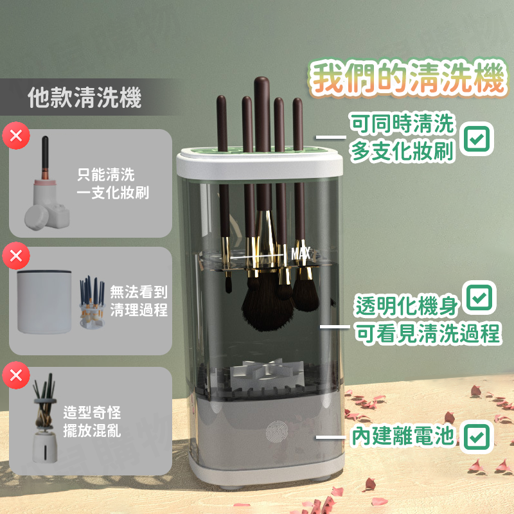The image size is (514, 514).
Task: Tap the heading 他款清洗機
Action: click(85, 98)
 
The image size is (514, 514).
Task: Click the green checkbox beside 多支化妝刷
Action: click(477, 138)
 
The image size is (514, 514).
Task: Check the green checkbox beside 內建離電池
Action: click(475, 438)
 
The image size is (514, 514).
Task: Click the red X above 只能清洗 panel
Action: click(16, 136)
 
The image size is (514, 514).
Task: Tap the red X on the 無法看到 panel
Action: click(16, 256)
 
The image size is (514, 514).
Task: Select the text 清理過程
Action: click(139, 310)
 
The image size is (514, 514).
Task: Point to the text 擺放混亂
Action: click(93, 430)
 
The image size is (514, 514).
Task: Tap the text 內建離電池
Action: click(403, 438)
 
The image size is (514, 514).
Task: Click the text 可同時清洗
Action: click(403, 123)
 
